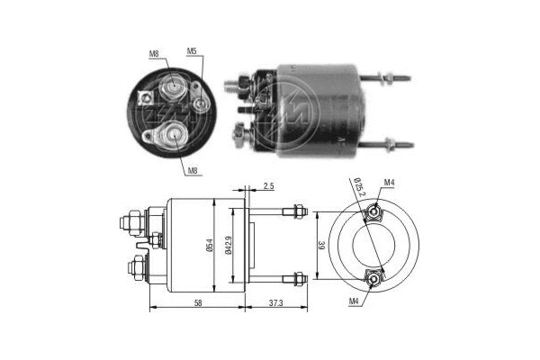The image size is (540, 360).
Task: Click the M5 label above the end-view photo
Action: [192, 51]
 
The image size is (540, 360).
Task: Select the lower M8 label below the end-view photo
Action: [193, 169]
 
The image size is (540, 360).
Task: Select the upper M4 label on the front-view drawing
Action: [389, 184]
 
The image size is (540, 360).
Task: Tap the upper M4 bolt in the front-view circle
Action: [372, 215]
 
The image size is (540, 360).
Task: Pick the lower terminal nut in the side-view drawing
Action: [135, 267]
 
